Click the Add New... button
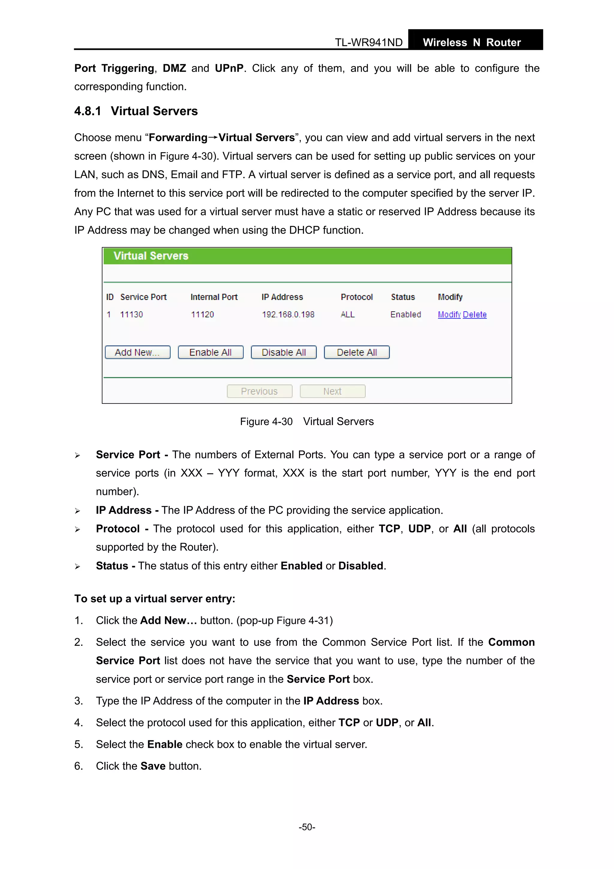(x=137, y=352)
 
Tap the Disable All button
(x=283, y=352)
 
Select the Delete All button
(x=356, y=352)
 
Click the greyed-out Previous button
(x=260, y=391)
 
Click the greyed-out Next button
(x=332, y=391)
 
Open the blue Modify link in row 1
(x=449, y=315)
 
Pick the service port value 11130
(x=131, y=315)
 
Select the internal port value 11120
(x=202, y=315)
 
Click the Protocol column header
(x=356, y=297)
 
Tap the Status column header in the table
(x=403, y=297)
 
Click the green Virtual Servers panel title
(x=151, y=256)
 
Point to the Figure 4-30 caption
(x=306, y=422)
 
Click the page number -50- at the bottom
(x=307, y=827)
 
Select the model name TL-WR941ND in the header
(x=368, y=42)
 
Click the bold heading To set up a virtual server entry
(x=155, y=599)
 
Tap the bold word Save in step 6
(x=153, y=766)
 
